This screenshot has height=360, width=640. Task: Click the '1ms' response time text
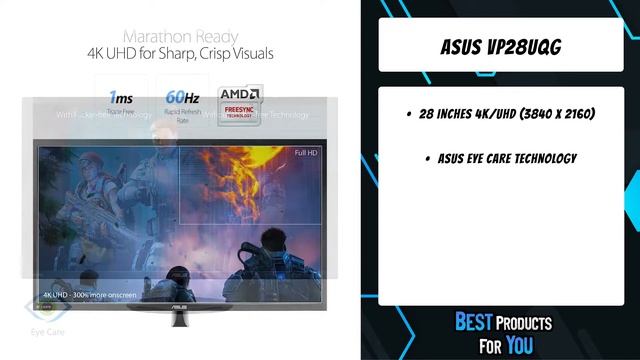click(120, 98)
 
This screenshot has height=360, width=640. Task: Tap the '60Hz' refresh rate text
click(181, 98)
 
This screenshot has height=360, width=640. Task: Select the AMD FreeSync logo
click(240, 101)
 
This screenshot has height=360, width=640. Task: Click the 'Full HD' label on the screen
click(306, 152)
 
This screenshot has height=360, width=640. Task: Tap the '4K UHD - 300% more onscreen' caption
click(89, 295)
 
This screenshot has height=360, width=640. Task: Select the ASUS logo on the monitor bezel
click(178, 298)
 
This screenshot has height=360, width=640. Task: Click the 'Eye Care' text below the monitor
click(47, 331)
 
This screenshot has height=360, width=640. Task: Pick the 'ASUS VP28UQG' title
click(499, 47)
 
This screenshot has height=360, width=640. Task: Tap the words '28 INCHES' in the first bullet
click(451, 115)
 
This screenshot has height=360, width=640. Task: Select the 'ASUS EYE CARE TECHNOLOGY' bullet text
click(507, 159)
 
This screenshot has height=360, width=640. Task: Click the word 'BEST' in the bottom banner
click(474, 322)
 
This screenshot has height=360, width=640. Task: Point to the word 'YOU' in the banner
click(520, 344)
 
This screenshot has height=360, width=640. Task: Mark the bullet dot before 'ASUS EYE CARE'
click(427, 159)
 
